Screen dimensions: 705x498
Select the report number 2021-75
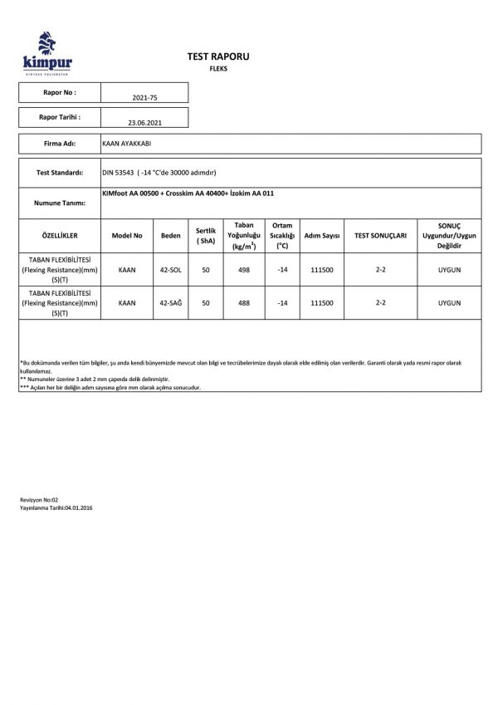(144, 97)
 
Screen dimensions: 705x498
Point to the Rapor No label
(60, 93)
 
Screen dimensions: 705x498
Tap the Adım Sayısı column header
(323, 236)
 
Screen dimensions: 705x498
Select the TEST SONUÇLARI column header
(380, 236)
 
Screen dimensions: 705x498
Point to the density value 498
(243, 270)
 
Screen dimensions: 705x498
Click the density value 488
(243, 303)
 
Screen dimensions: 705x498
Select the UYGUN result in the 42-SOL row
(448, 270)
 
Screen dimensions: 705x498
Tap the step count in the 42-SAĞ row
(323, 303)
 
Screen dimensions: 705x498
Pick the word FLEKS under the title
(218, 69)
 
